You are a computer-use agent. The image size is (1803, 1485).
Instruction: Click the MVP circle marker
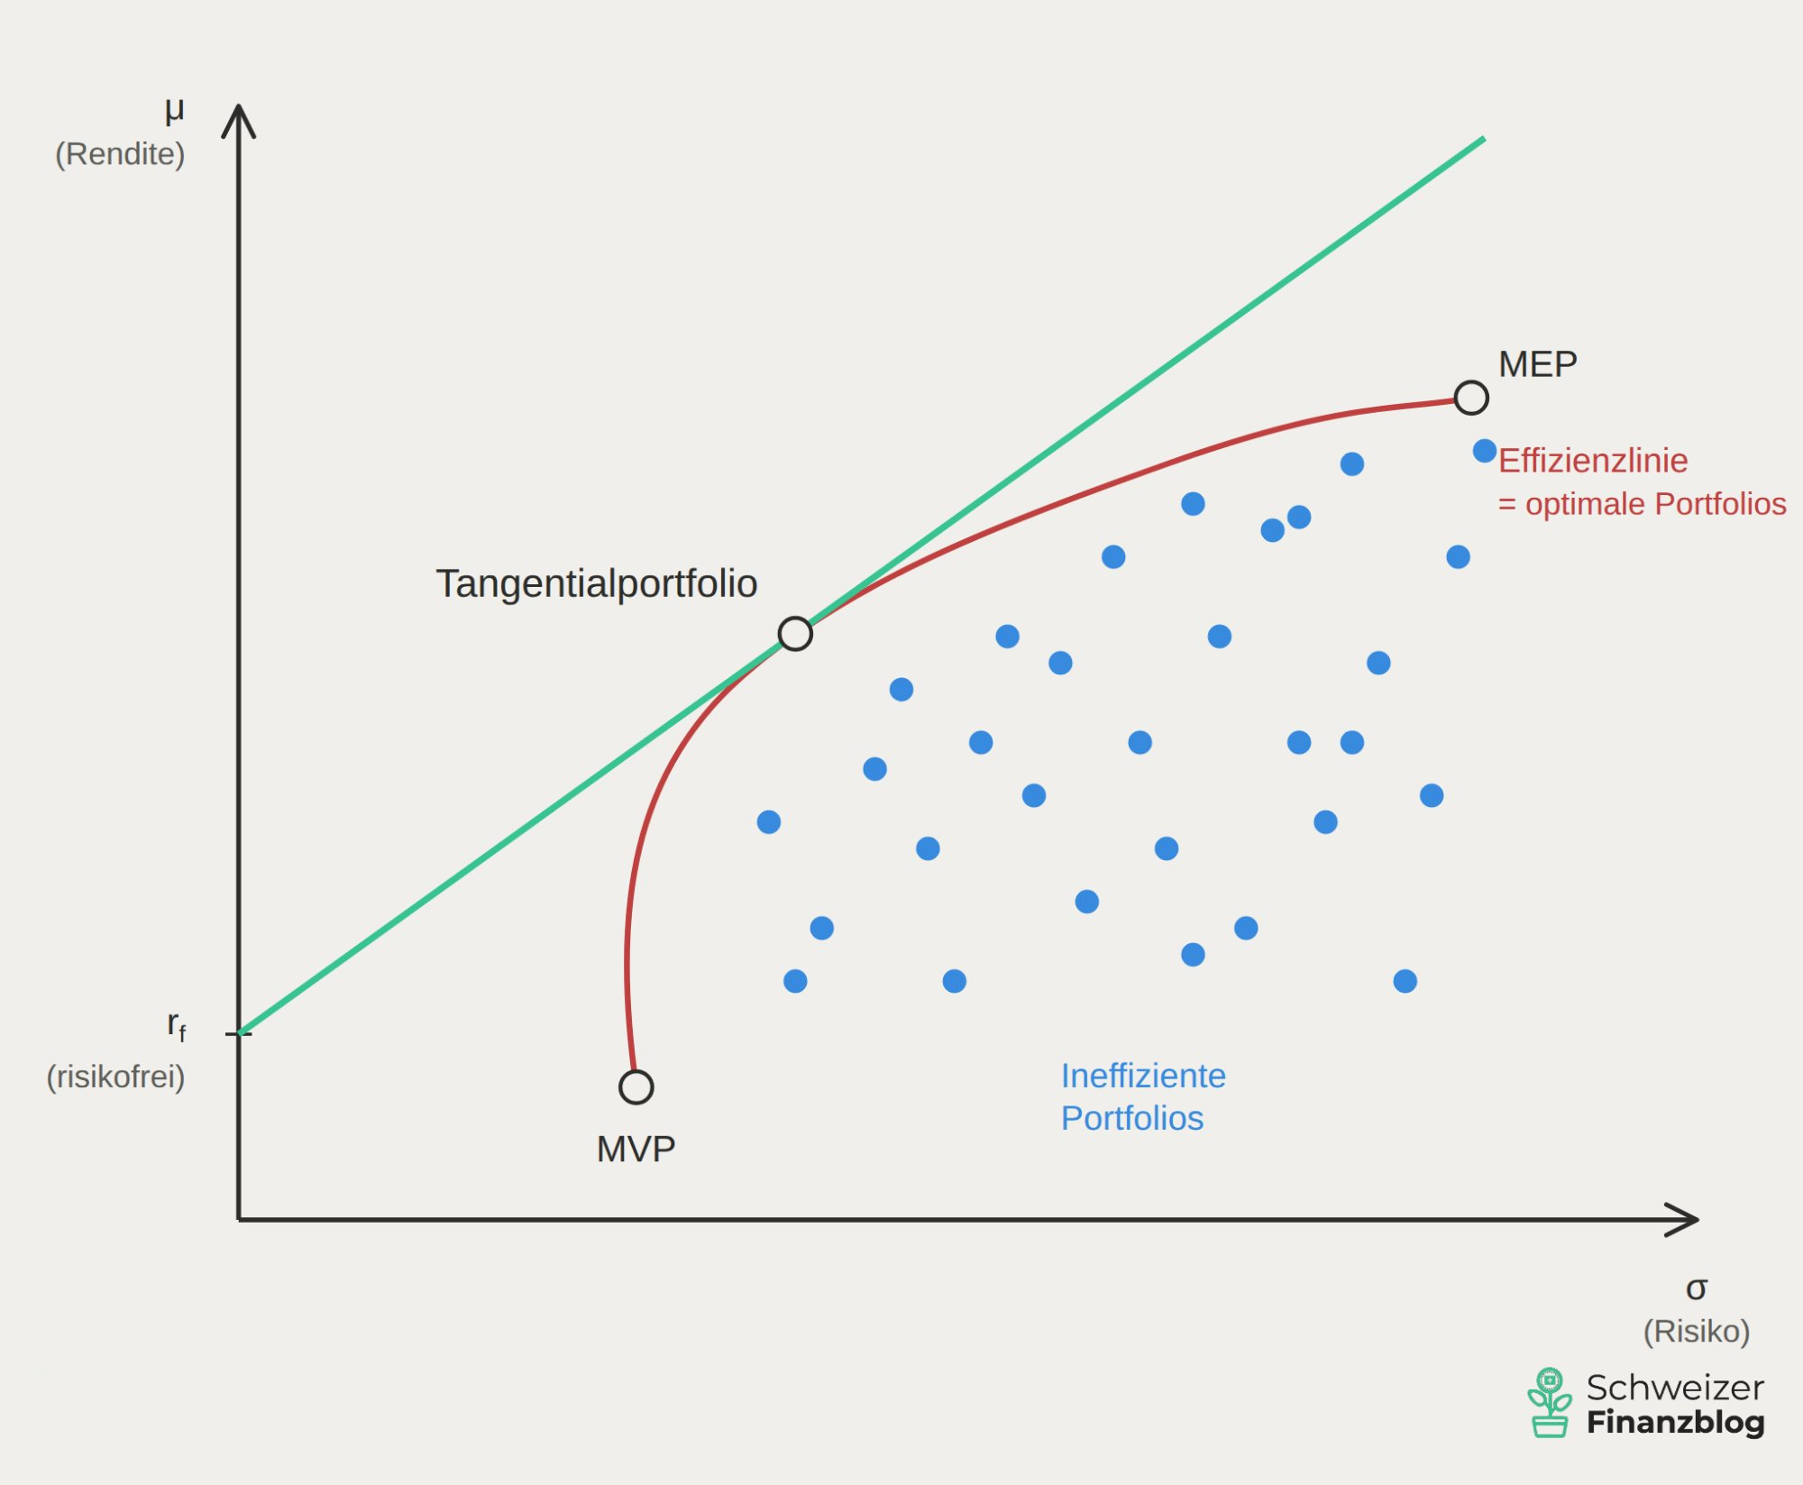click(636, 1086)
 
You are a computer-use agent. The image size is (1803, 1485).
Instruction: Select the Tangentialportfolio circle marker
click(795, 634)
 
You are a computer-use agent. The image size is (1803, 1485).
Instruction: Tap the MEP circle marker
click(1470, 398)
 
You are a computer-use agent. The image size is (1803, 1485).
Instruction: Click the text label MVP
click(636, 1149)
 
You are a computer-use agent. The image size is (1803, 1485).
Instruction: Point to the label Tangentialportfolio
click(596, 583)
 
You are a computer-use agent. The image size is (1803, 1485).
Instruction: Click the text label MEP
click(1537, 364)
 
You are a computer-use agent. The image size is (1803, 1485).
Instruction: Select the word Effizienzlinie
click(1593, 461)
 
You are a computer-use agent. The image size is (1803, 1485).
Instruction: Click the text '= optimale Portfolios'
click(1642, 504)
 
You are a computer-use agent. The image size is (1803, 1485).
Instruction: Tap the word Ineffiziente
click(1142, 1076)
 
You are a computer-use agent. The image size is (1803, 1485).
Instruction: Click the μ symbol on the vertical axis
click(174, 111)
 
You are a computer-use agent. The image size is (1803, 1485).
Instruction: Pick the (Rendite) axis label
click(120, 154)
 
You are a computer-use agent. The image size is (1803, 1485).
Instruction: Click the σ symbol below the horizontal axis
click(1696, 1288)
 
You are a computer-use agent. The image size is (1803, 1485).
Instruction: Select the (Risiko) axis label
click(1696, 1331)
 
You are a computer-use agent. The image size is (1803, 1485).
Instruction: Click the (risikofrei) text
click(115, 1077)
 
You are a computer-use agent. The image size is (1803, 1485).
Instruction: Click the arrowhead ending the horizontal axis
click(1684, 1220)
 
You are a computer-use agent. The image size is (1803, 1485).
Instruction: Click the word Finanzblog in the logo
click(1675, 1422)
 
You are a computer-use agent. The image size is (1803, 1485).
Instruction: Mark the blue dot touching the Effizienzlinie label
click(1484, 451)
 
